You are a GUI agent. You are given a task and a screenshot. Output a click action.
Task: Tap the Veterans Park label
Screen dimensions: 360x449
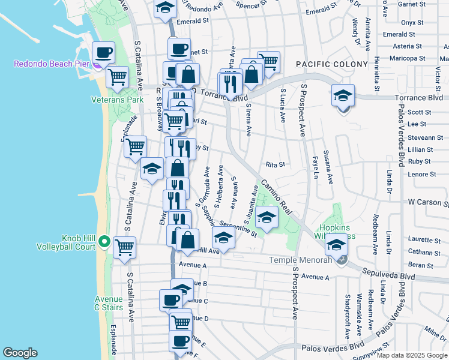(x=117, y=100)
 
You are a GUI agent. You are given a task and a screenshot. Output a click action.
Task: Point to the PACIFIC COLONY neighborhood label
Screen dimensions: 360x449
(x=331, y=64)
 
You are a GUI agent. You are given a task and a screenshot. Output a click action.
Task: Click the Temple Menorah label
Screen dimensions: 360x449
(x=300, y=260)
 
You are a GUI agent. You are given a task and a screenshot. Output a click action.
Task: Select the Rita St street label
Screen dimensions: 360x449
(x=275, y=164)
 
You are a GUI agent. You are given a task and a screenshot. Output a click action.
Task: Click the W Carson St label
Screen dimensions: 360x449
(x=429, y=203)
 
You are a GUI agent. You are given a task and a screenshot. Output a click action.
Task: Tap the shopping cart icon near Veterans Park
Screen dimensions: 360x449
(x=117, y=76)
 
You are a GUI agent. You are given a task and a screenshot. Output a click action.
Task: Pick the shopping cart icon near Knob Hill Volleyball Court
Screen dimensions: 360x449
(x=124, y=247)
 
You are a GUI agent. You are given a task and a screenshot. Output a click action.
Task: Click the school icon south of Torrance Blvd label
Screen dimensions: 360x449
(x=343, y=96)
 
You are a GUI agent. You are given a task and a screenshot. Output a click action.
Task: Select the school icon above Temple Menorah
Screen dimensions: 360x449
(x=336, y=245)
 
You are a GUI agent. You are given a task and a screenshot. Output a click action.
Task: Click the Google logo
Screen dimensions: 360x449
(x=20, y=353)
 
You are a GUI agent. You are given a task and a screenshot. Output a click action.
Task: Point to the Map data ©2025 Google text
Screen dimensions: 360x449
(x=412, y=355)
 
